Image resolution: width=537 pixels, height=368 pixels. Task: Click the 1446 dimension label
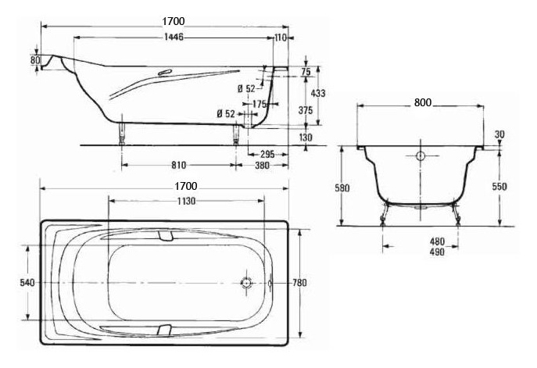click(x=174, y=37)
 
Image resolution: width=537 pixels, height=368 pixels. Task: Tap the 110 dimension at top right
click(x=281, y=38)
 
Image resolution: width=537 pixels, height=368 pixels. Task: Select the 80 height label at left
click(x=35, y=60)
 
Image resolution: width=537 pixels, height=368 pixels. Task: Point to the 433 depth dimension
click(x=318, y=93)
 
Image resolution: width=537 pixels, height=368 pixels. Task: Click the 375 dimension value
click(x=305, y=110)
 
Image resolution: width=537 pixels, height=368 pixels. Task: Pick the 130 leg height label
click(x=306, y=138)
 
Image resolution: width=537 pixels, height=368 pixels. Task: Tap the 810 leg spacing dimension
click(x=178, y=166)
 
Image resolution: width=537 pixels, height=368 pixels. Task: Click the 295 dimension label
click(x=267, y=155)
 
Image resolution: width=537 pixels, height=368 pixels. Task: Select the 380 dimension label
click(x=263, y=166)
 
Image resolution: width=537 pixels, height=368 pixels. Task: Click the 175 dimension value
click(x=260, y=103)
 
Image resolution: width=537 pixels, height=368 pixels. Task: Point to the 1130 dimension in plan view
click(x=186, y=201)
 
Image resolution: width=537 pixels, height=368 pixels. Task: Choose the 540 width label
click(x=27, y=283)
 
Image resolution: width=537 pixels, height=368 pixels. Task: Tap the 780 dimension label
click(x=299, y=283)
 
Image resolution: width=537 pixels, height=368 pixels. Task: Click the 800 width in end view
click(x=423, y=102)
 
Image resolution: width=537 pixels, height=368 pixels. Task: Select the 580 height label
click(x=342, y=188)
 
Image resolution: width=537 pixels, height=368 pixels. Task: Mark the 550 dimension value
click(x=499, y=187)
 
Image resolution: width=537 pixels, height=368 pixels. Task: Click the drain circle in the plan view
click(x=246, y=283)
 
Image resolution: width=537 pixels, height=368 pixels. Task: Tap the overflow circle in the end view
click(x=421, y=156)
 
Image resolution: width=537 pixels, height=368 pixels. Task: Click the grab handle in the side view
click(x=165, y=72)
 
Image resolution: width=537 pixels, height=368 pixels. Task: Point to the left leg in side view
click(x=122, y=134)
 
